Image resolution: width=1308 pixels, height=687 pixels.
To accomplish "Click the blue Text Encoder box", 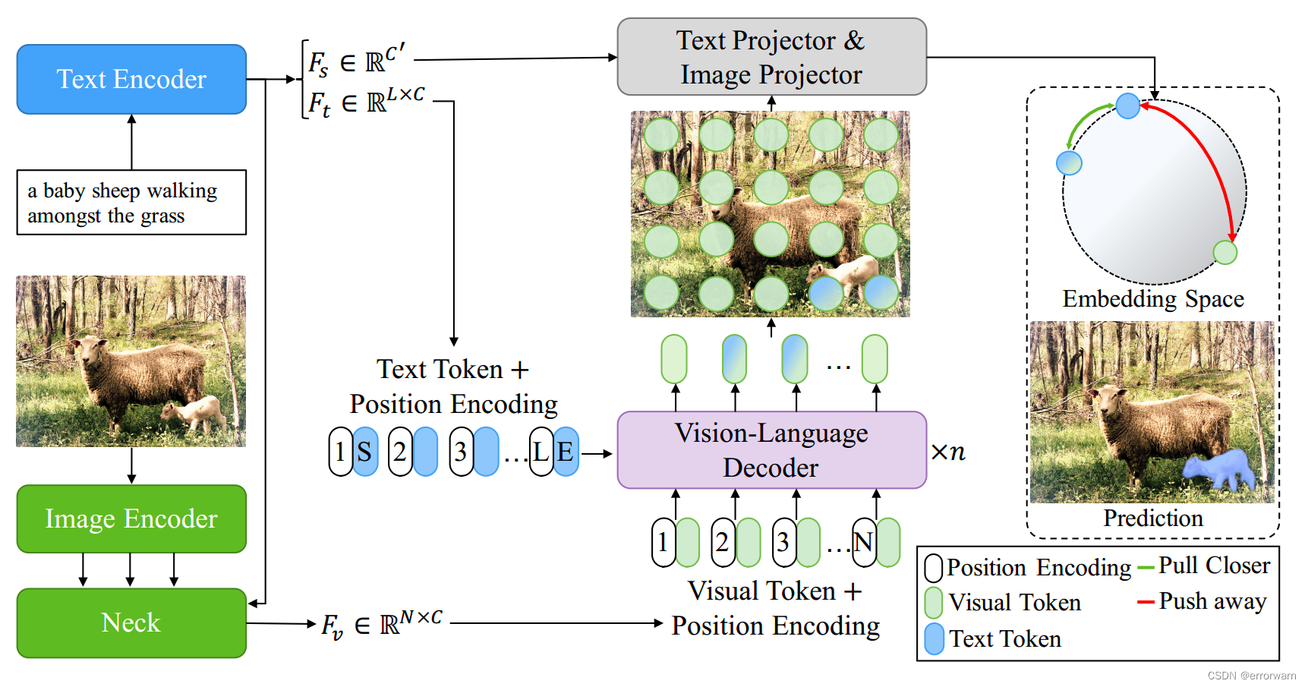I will (131, 79).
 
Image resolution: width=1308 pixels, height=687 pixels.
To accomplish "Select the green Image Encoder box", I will (131, 518).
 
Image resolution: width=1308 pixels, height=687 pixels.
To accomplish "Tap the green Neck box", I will (131, 622).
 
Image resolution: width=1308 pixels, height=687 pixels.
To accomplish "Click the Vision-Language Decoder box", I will (771, 450).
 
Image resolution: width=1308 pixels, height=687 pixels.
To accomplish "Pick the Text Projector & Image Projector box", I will (771, 57).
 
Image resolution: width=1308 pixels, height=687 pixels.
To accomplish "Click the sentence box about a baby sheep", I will (131, 203).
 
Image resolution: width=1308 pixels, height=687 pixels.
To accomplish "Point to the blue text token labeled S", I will (366, 452).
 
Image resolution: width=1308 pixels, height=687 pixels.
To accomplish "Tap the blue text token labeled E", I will (566, 452).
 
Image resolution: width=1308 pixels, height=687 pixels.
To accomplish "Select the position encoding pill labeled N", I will (863, 542).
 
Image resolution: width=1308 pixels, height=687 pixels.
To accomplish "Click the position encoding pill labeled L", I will (541, 452).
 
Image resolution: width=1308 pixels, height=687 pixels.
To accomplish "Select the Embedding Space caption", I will (1153, 299).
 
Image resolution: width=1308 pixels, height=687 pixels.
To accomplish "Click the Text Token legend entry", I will (1004, 639).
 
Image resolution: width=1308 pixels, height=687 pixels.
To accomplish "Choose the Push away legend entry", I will (1212, 601).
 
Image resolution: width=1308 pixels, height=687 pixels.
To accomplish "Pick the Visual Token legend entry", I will (1014, 603).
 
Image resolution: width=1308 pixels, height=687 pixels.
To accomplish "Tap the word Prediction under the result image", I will (1153, 518).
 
